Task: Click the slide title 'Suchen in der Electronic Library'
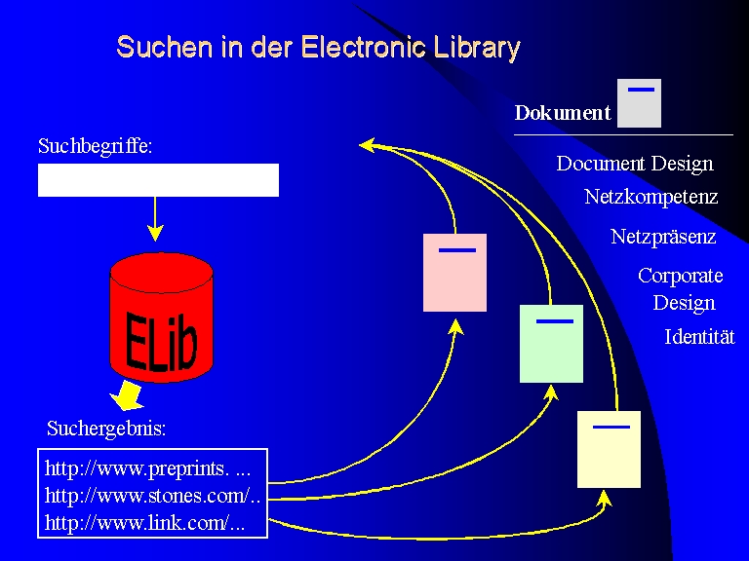[318, 47]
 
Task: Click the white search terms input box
[158, 180]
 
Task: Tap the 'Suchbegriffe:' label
[96, 147]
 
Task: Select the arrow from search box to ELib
[155, 218]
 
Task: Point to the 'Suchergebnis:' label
[106, 428]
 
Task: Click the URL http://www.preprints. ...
[146, 468]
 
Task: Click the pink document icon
[454, 273]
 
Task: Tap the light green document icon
[551, 344]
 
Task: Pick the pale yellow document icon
[609, 449]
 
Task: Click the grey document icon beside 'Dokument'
[639, 103]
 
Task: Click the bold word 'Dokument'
[562, 113]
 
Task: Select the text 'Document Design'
[635, 164]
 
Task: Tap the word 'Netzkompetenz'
[650, 197]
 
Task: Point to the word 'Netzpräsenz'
[663, 237]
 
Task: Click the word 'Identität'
[699, 337]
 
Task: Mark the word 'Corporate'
[680, 276]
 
